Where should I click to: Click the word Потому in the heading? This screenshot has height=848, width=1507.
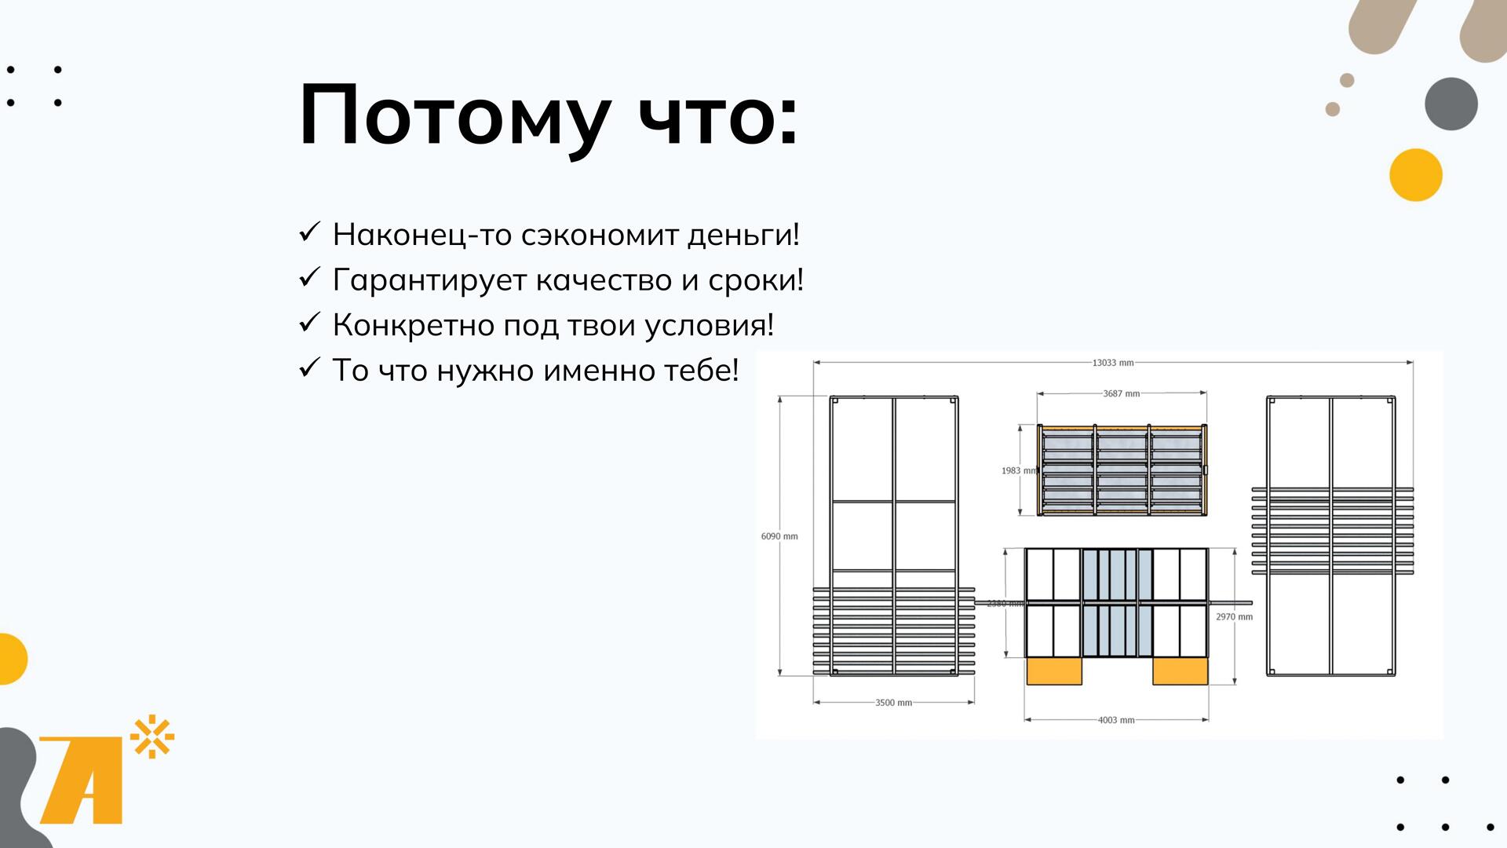pos(454,116)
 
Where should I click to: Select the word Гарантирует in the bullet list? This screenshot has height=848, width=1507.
pos(429,281)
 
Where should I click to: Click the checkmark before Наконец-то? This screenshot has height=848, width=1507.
pos(309,232)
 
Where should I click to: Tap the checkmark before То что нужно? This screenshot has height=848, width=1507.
pos(309,367)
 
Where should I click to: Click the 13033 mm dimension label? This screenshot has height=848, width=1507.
pos(1113,363)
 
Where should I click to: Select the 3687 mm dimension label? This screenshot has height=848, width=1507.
pos(1122,393)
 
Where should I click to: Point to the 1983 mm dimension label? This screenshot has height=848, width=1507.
pos(1019,471)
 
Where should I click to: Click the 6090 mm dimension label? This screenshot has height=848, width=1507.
pos(779,536)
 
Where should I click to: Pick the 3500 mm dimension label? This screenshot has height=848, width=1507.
pos(894,703)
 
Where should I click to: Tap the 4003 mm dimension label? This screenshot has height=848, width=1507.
pos(1116,720)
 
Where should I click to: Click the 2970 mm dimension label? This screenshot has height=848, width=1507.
pos(1235,617)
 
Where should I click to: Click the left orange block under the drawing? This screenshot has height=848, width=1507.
pos(1054,672)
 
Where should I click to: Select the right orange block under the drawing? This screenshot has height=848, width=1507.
pos(1180,672)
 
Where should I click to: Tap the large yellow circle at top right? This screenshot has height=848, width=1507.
pos(1416,175)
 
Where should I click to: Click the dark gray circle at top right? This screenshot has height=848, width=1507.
pos(1451,104)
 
